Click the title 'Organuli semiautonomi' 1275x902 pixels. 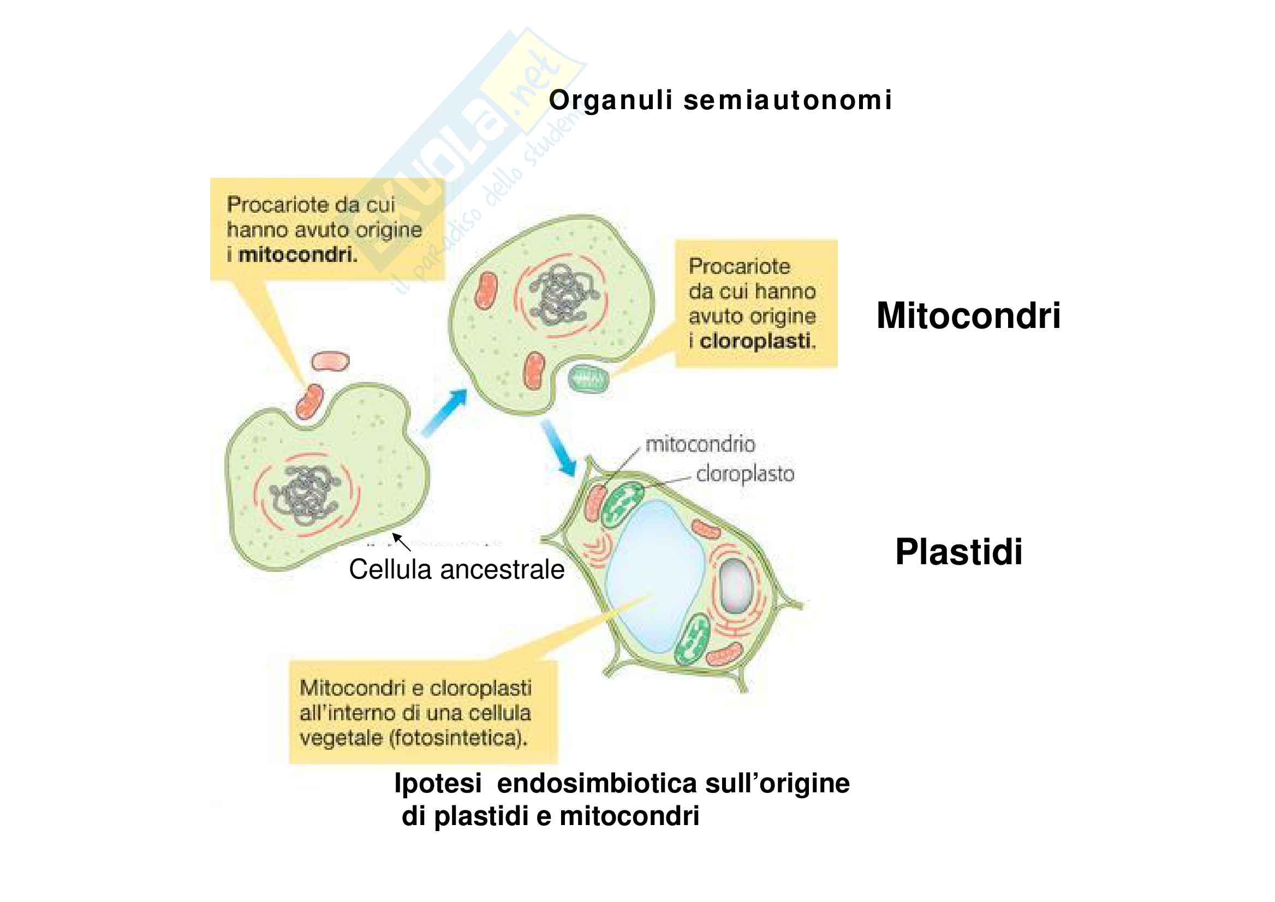(720, 100)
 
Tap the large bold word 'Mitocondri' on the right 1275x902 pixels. (968, 315)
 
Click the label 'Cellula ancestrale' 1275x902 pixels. (457, 569)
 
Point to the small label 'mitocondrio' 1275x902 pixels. (700, 444)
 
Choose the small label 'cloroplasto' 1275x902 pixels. (745, 474)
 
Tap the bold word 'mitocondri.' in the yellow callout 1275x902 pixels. (298, 255)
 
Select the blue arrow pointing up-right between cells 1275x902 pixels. (444, 411)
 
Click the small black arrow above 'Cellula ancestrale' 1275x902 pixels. (401, 541)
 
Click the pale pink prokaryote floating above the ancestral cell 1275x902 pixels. (330, 361)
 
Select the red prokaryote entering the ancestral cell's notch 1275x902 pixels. (309, 401)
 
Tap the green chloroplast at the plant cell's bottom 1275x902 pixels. (692, 640)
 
